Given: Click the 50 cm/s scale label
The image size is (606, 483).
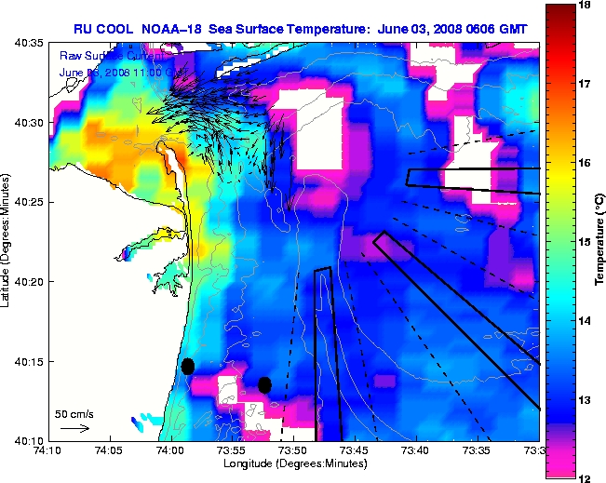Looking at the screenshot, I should coord(74,413).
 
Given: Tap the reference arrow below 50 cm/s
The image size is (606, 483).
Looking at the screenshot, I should coord(74,428).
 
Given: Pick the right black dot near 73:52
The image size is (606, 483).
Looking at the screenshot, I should coord(264,384).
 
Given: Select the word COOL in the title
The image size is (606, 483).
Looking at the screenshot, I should coord(115,29).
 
